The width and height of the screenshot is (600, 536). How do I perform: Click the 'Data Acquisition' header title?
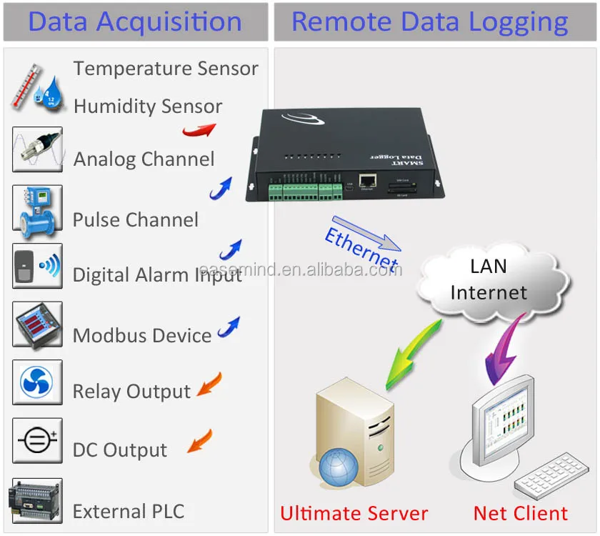[135, 21]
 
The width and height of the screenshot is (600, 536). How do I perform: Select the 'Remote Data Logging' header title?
[429, 21]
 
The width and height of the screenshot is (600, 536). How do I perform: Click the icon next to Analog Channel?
[37, 149]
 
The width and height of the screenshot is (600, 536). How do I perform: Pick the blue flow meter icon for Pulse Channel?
[37, 208]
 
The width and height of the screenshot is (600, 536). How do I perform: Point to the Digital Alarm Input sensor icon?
[37, 266]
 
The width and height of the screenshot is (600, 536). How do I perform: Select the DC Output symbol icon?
[37, 440]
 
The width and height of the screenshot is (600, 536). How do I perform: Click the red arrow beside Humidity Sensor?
[198, 129]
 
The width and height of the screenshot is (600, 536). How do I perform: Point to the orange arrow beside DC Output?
[200, 440]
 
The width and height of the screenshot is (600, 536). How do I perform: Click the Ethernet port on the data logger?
[368, 182]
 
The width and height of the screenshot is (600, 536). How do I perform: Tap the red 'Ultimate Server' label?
[354, 513]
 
